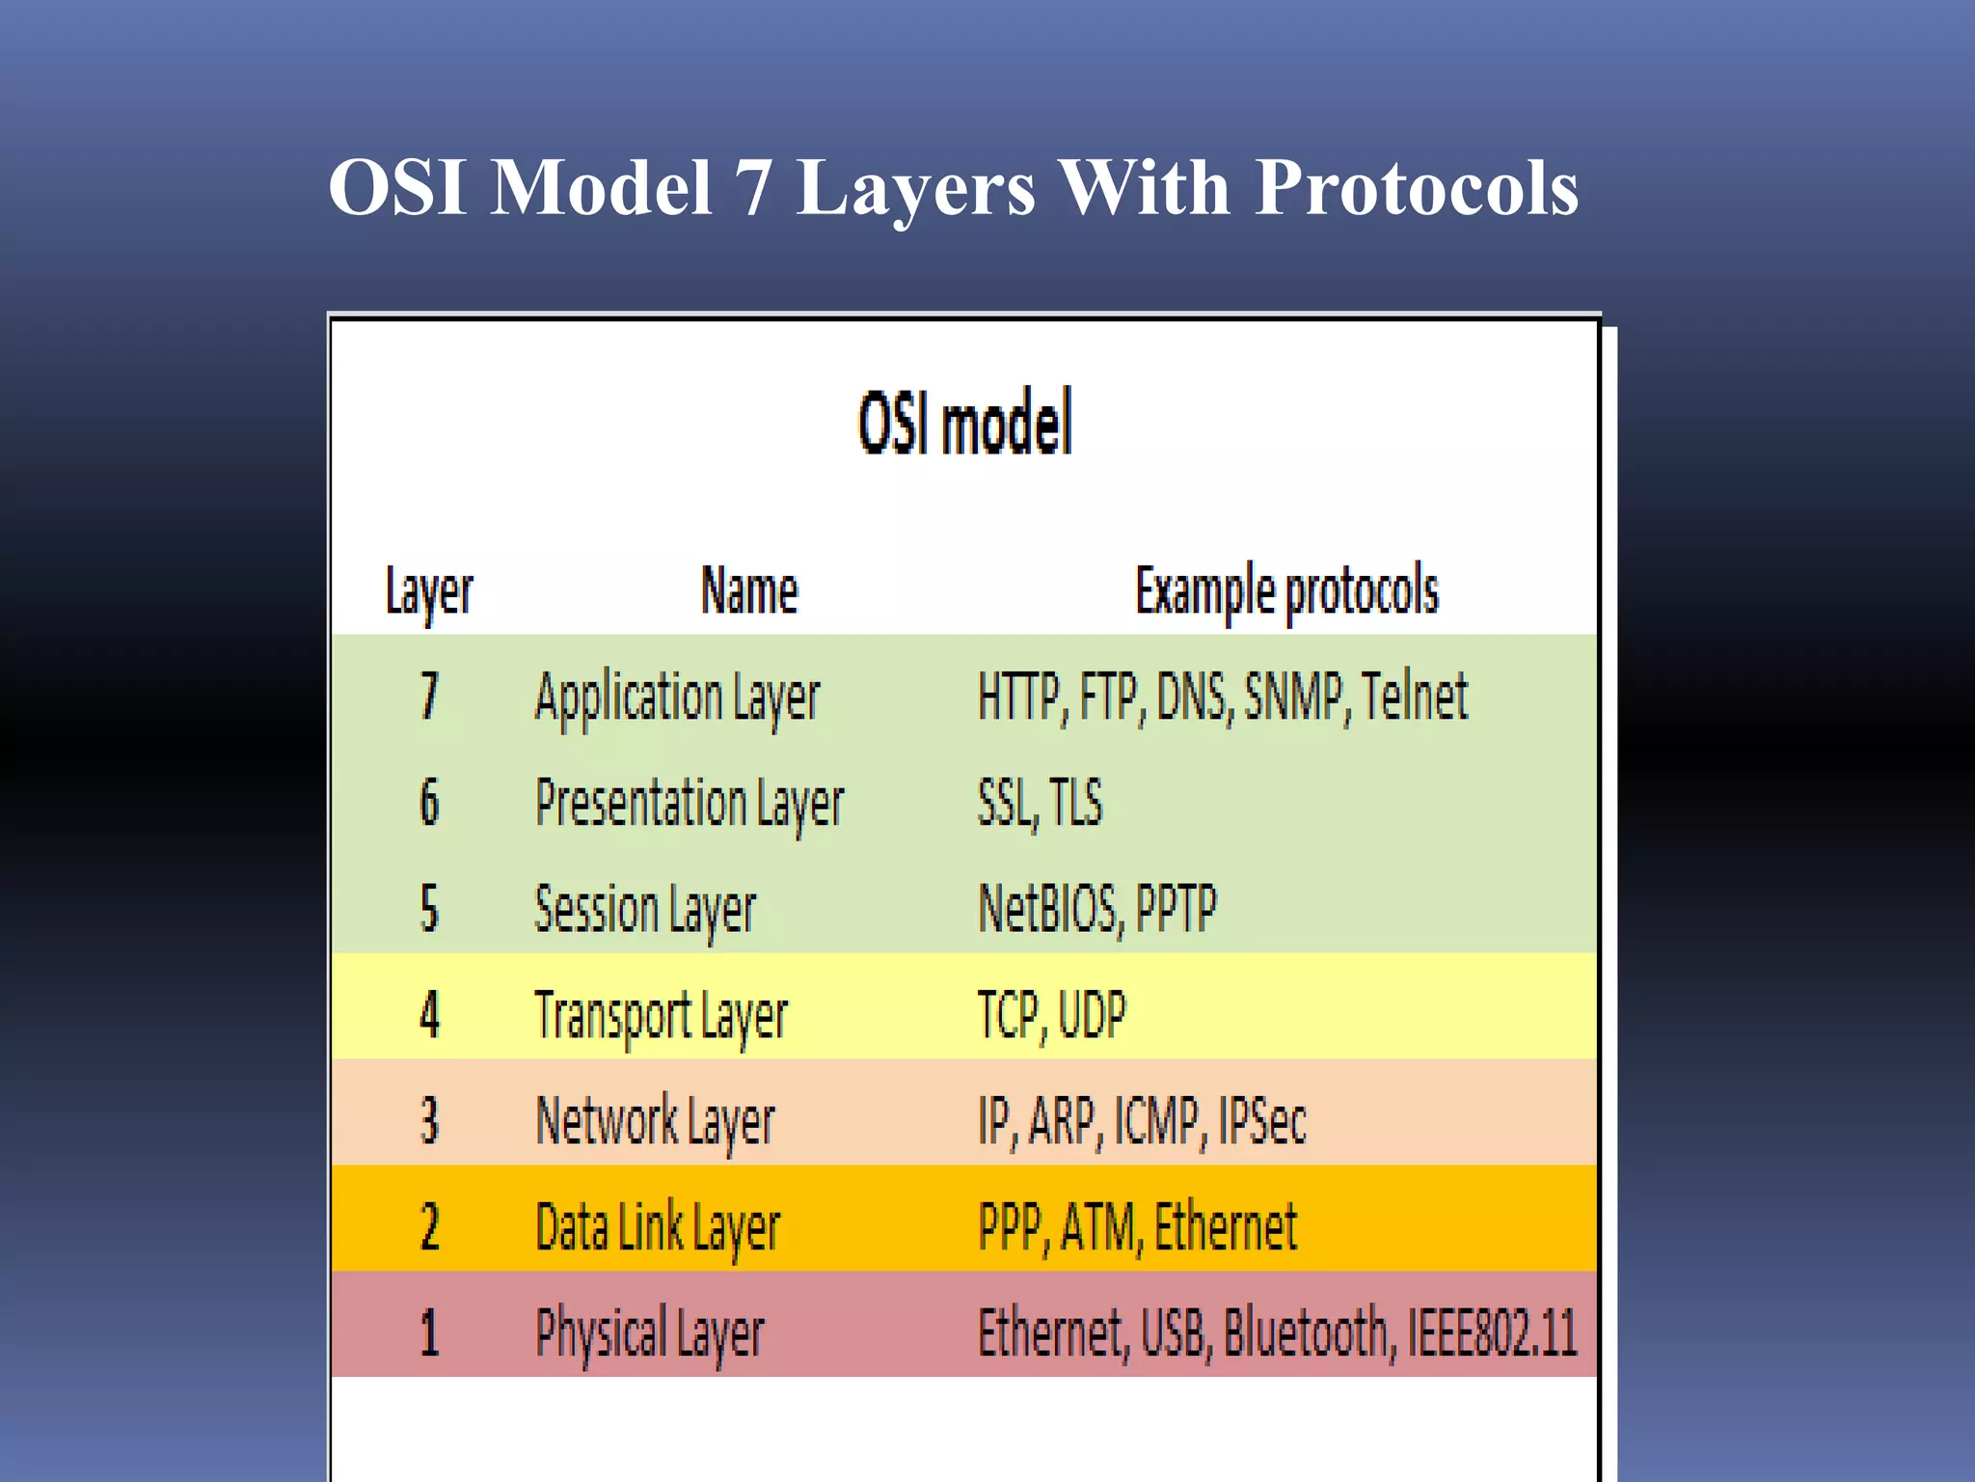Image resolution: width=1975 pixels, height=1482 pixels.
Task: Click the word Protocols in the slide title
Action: (x=1417, y=188)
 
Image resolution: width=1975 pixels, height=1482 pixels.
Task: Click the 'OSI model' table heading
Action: (x=965, y=424)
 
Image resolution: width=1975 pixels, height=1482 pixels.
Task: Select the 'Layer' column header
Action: (x=429, y=590)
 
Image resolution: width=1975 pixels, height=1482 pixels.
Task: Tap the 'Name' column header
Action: (x=749, y=590)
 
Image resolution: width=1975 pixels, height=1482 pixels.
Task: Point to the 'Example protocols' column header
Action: (x=1286, y=590)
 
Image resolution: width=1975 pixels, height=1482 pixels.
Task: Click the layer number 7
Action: (x=430, y=696)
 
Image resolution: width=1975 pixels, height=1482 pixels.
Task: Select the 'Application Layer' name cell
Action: (x=677, y=698)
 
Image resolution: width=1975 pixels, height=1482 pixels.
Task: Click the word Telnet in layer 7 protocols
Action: (x=1414, y=696)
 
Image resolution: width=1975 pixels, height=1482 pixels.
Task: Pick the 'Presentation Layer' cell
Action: (x=690, y=804)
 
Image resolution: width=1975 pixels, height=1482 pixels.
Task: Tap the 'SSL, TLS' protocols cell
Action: (x=1040, y=802)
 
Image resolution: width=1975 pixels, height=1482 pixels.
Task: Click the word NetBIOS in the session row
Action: (x=1049, y=909)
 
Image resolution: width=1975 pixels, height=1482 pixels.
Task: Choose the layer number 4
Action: (x=430, y=1015)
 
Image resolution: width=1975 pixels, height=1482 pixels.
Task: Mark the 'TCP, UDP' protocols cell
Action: (x=1051, y=1015)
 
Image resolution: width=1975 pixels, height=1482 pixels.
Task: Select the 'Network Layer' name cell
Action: (x=655, y=1122)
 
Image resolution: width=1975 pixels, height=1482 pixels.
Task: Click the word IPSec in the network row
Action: (x=1262, y=1121)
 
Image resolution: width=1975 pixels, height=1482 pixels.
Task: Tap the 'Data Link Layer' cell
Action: (x=658, y=1228)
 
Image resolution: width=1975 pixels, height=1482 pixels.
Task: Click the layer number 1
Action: (x=430, y=1333)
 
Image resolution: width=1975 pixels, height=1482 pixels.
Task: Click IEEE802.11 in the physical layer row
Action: (x=1492, y=1333)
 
